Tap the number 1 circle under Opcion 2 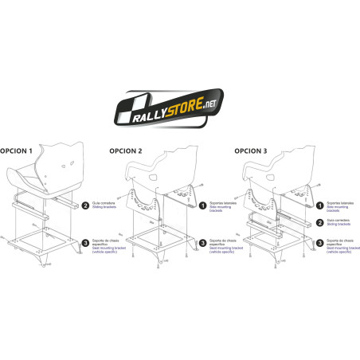(202, 205)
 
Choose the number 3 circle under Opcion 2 (202, 243)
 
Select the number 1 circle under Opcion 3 (319, 205)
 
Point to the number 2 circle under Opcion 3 (319, 224)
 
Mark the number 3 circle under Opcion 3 (319, 242)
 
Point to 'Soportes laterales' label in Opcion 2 (221, 202)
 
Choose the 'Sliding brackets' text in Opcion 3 (338, 225)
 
